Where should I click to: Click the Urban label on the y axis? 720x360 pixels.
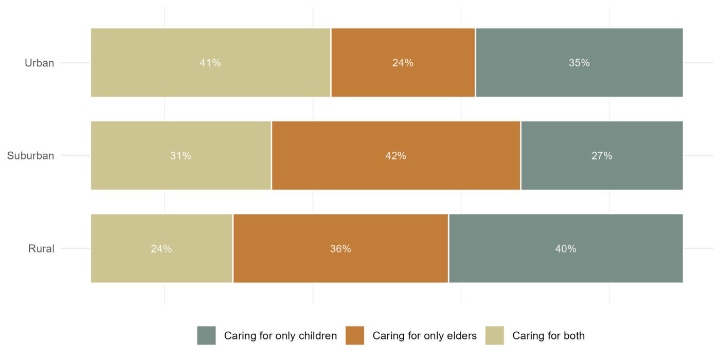coord(40,63)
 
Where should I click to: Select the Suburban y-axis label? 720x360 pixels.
coord(30,156)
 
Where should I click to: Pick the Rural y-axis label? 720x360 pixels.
coord(41,249)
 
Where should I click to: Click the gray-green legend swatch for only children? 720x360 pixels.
coord(206,335)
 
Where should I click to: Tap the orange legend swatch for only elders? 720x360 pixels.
coord(355,335)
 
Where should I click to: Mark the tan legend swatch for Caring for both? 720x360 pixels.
coord(494,335)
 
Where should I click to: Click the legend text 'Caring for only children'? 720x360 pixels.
coord(280,336)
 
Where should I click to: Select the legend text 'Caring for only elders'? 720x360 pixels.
coord(424,336)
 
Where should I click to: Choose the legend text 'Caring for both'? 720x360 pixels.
coord(548,336)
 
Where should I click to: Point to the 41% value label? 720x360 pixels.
coord(210,63)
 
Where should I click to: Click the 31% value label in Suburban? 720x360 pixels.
coord(181,156)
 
